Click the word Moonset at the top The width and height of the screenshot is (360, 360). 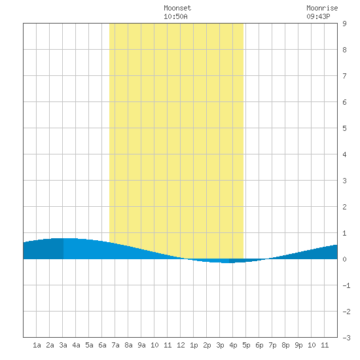click(x=177, y=9)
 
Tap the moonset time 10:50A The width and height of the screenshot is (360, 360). click(x=175, y=16)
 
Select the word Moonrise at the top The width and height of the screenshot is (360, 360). click(x=322, y=9)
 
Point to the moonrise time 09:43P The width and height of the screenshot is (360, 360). click(x=319, y=16)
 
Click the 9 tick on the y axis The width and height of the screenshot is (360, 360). click(x=344, y=24)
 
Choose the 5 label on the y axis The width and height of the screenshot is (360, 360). click(x=344, y=128)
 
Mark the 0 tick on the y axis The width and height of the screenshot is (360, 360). click(x=344, y=259)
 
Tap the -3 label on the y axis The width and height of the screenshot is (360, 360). click(x=346, y=338)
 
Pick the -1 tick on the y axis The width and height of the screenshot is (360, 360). click(x=346, y=285)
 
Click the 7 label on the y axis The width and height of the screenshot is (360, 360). click(x=344, y=76)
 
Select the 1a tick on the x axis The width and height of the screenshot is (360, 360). click(x=37, y=345)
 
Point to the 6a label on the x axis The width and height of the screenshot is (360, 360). click(x=102, y=345)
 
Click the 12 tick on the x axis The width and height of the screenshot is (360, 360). click(x=181, y=345)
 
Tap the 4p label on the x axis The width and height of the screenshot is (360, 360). click(x=233, y=345)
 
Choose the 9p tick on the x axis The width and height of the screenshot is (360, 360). click(x=298, y=345)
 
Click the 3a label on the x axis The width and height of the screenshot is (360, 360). click(x=63, y=345)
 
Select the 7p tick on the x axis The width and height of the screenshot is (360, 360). click(x=272, y=345)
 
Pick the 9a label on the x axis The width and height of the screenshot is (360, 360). click(x=141, y=345)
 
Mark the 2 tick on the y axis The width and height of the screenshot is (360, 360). click(x=344, y=207)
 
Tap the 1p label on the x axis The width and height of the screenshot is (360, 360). click(x=194, y=345)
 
